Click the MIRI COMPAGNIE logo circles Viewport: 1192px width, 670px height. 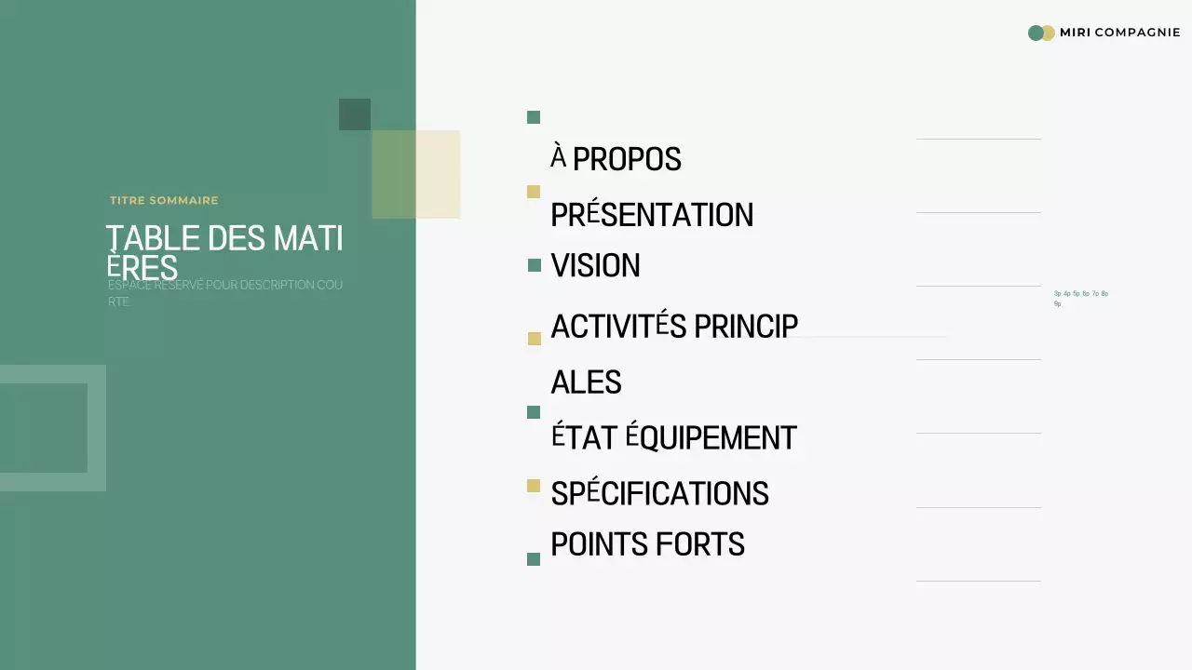[x=1041, y=33]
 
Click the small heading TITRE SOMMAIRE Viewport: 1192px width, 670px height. [x=164, y=200]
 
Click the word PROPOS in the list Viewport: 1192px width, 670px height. [x=627, y=159]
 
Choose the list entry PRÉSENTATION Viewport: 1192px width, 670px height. [x=652, y=215]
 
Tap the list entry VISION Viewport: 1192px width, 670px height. [x=595, y=266]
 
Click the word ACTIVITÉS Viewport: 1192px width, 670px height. [x=618, y=327]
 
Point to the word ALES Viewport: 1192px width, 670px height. [x=586, y=382]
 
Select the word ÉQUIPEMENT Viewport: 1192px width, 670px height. [x=711, y=437]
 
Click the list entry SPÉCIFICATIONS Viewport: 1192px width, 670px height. [x=659, y=493]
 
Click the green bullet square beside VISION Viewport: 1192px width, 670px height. [x=534, y=265]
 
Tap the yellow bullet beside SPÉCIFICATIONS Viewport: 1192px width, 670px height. [x=534, y=486]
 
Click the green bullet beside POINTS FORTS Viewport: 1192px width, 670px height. [x=534, y=559]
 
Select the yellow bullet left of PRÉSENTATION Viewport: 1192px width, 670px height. [x=534, y=192]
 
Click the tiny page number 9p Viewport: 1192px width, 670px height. [x=1058, y=304]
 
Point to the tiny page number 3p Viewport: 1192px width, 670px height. [x=1058, y=293]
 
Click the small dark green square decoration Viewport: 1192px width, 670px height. [x=355, y=114]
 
